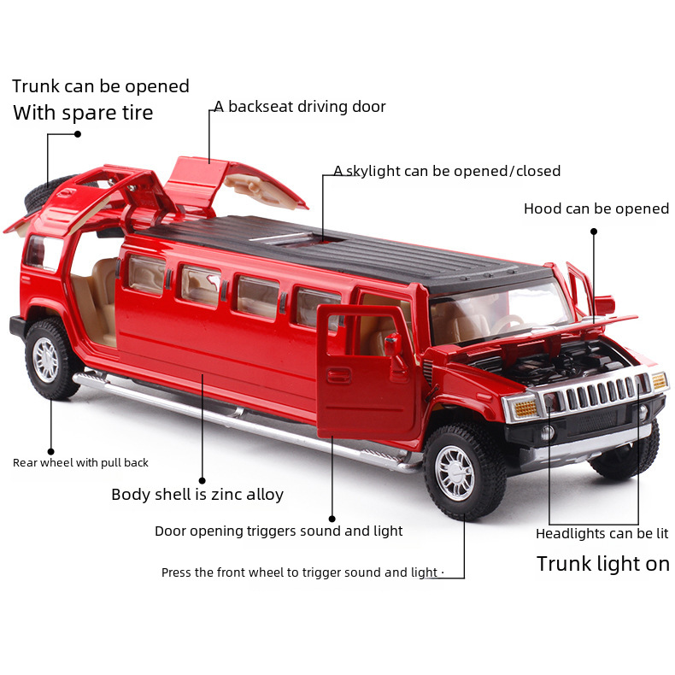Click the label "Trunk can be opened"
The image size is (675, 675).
tap(101, 86)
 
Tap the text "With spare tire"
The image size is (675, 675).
tap(83, 113)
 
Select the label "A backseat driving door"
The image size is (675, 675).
tap(300, 107)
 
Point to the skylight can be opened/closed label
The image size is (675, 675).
tap(447, 171)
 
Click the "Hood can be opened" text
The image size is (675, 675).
tap(596, 208)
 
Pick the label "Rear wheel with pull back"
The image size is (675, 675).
tap(80, 463)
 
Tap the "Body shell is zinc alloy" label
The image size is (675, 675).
tap(197, 495)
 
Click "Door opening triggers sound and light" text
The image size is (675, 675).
tap(279, 531)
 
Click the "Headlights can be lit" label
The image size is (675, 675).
tap(602, 534)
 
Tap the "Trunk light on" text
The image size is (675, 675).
tap(602, 564)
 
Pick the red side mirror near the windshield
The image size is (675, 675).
tap(604, 305)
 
